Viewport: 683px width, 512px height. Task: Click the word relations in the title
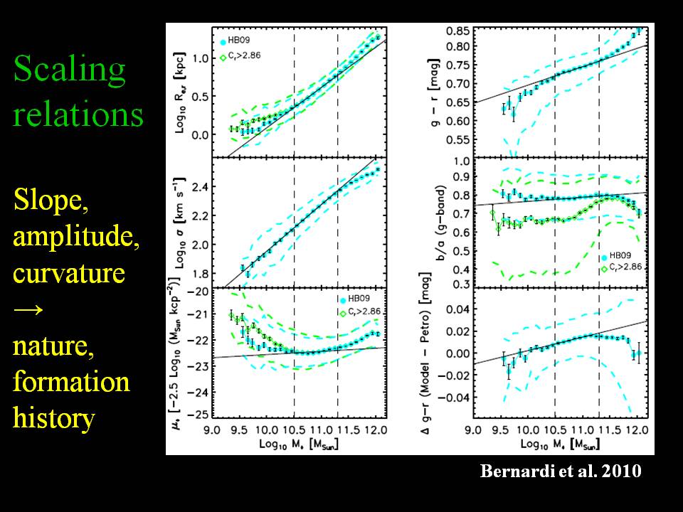78,114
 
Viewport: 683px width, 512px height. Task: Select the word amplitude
76,238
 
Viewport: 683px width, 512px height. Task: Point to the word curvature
69,274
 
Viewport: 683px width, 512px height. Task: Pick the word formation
71,382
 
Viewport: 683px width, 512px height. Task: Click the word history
54,418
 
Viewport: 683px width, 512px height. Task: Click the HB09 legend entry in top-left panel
240,41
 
